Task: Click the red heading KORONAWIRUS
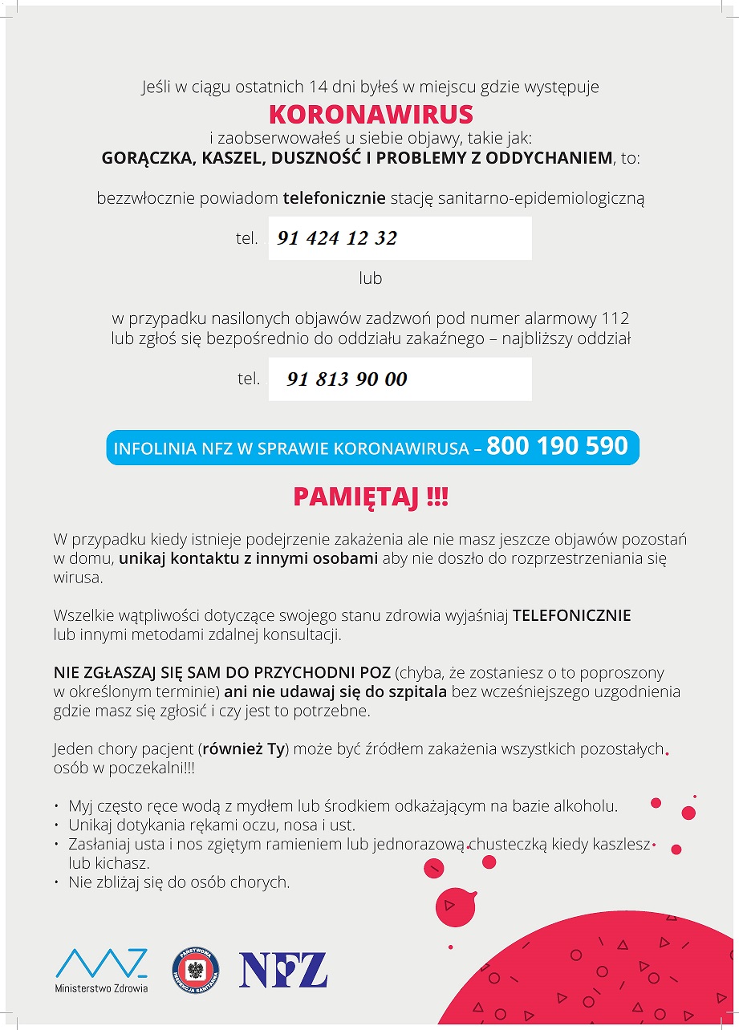371,114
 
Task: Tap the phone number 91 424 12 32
337,238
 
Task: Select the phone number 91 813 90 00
347,379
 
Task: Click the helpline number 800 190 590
557,446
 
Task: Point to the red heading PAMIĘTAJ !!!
371,497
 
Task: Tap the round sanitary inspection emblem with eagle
196,970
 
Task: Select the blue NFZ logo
283,970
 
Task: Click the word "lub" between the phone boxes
370,278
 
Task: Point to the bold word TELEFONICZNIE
571,616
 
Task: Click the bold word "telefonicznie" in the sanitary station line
335,197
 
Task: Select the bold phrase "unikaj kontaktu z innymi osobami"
249,558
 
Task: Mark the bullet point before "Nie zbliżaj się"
57,882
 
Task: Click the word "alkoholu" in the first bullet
589,806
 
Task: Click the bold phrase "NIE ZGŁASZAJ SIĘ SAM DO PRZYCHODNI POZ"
221,672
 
